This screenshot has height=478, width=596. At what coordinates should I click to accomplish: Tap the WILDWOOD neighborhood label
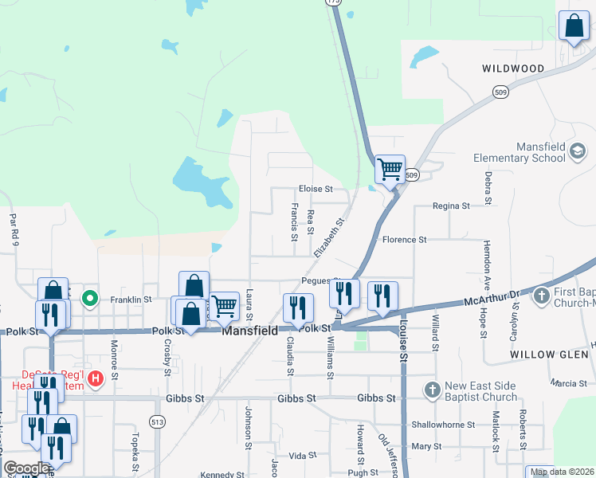click(x=513, y=69)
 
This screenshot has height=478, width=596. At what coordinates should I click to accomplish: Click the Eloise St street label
click(x=315, y=189)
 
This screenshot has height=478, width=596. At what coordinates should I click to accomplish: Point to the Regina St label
click(x=451, y=206)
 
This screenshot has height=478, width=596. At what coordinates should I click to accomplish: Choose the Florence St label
click(x=405, y=239)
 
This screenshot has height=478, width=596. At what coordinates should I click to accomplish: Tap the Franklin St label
click(x=131, y=300)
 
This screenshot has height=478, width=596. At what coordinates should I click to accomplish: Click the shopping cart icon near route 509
click(x=390, y=169)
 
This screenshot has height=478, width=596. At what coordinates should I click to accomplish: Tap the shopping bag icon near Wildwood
click(x=574, y=26)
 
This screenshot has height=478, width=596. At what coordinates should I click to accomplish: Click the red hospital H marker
click(x=95, y=378)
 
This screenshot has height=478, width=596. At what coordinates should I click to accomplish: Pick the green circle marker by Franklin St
click(x=91, y=300)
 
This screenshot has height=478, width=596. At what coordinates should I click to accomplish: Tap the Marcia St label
click(x=568, y=383)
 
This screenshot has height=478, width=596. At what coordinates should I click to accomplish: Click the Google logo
click(x=26, y=468)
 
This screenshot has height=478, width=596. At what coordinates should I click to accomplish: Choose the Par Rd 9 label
click(x=12, y=228)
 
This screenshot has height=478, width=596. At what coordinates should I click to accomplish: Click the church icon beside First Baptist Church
click(x=541, y=297)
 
